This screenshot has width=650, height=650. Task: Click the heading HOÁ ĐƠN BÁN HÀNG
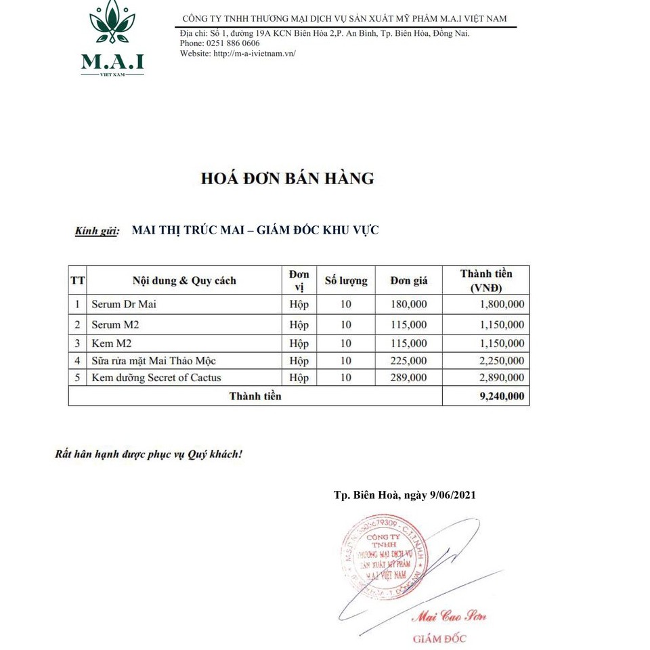point(287,179)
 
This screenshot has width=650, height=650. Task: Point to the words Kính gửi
point(97,231)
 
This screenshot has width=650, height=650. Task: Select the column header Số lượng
point(346,280)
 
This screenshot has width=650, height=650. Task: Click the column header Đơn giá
point(409,280)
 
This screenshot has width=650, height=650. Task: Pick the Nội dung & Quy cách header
point(184,280)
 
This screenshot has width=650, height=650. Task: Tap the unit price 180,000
point(409,305)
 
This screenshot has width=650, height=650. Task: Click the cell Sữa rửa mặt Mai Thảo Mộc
point(154,361)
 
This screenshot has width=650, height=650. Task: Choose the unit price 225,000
point(409,361)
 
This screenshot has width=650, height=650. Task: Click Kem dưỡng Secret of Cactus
point(156,378)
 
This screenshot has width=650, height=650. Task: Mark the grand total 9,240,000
point(501,396)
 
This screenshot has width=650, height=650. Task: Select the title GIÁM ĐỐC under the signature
point(439,638)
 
